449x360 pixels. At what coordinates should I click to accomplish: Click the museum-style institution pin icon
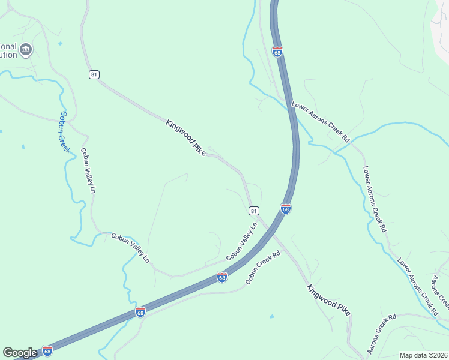(x=26, y=49)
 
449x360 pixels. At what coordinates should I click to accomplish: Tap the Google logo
(x=20, y=353)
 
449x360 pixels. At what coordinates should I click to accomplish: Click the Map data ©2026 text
(x=423, y=355)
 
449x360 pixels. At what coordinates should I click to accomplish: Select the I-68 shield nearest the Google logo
(x=47, y=350)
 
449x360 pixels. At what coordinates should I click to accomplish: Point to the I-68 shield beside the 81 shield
(x=286, y=208)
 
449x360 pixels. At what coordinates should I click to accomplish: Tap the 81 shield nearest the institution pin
(x=94, y=74)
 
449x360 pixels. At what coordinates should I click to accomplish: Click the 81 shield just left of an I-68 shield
(x=254, y=211)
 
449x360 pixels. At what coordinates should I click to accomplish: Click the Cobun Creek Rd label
(x=263, y=268)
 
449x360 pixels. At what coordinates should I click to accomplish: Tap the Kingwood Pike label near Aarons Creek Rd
(x=328, y=300)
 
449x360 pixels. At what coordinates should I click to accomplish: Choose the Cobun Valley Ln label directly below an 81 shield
(x=241, y=241)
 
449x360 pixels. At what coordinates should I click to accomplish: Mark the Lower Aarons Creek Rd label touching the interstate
(x=321, y=121)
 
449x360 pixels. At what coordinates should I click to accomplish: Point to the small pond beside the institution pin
(x=59, y=44)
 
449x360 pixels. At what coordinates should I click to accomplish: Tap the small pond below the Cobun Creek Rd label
(x=271, y=316)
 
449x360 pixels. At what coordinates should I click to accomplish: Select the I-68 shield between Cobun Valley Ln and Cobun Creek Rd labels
(x=222, y=277)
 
